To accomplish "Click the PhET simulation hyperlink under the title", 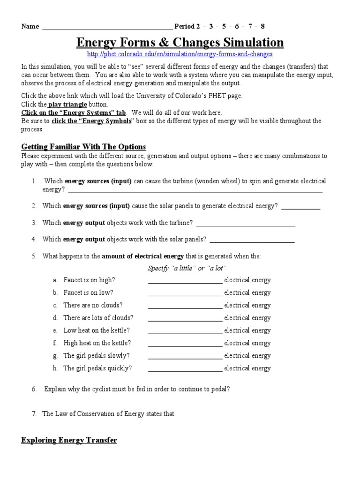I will click(x=180, y=54).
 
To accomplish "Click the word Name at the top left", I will click(x=30, y=26).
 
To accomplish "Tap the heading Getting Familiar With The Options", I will click(x=83, y=147).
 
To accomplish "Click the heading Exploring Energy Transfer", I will click(x=69, y=440).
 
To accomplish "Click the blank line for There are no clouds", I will click(x=185, y=307).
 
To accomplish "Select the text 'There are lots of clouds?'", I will click(x=98, y=318).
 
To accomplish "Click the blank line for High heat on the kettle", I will click(x=185, y=345).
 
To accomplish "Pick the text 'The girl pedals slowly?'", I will click(x=97, y=355).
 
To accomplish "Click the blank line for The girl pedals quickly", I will click(x=185, y=371).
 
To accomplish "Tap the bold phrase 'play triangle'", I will click(x=67, y=105).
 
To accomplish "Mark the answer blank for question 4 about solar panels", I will click(x=252, y=241).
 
